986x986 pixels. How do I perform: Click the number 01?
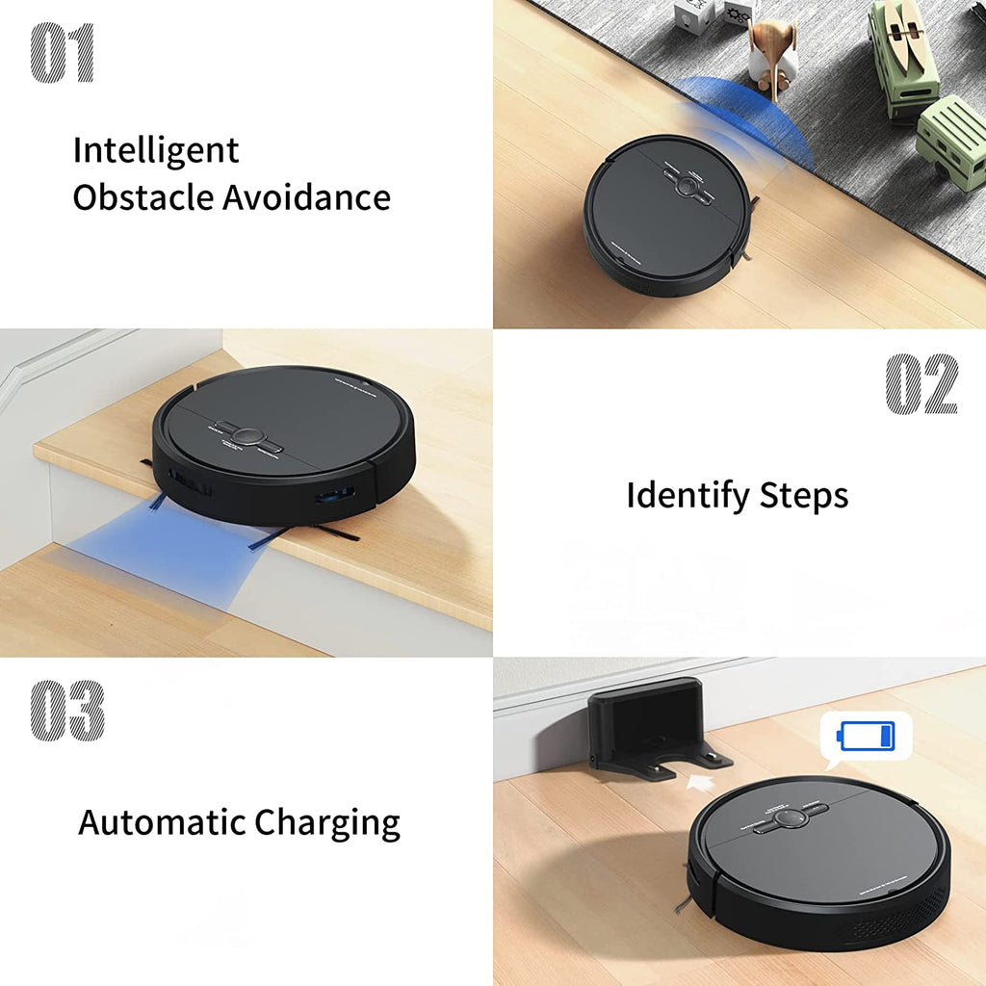click(63, 52)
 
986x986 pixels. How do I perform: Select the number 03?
click(66, 711)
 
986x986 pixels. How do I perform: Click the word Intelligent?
click(156, 151)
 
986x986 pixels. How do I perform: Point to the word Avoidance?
click(306, 197)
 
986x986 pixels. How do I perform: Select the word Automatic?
click(162, 822)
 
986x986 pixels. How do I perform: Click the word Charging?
click(327, 824)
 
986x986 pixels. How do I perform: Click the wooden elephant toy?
click(773, 53)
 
